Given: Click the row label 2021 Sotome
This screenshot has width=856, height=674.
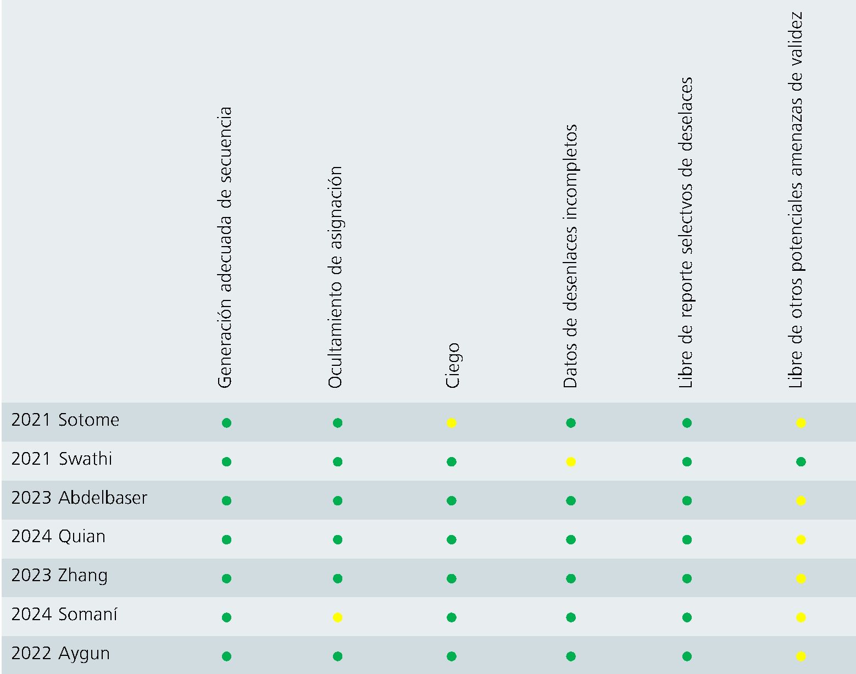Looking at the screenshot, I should pos(65,420).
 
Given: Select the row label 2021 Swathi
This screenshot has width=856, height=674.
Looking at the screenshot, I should pos(62,459).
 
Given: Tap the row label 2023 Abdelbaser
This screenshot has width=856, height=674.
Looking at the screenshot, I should pos(79,498).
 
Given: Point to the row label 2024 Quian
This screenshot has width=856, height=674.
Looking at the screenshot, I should pos(58,537).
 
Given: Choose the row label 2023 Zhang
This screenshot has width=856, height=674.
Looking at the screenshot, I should pos(59,576).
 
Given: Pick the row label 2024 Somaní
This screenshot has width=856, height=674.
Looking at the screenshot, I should pos(64,615).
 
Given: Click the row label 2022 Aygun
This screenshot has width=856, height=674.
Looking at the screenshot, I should pos(60,654).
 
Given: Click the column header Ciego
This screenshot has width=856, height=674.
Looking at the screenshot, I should pos(452,365).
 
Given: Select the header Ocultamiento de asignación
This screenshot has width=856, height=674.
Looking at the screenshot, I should pos(335,277).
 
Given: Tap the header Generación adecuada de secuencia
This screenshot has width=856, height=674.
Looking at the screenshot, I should pos(225,248).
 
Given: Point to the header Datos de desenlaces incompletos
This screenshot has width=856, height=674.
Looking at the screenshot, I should pos(570,257).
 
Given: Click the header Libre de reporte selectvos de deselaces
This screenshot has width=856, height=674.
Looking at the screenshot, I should pos(686,233).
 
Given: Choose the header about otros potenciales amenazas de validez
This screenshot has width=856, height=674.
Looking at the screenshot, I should pos(796,200).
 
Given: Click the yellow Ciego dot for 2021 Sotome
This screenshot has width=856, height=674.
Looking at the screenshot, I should pos(452,423).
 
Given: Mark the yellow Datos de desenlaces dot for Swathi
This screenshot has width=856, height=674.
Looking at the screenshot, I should pos(571,462).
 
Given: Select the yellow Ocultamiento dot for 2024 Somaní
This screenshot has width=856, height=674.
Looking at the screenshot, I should pos(338,617).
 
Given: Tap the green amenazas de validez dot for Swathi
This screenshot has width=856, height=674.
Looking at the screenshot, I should pos(801,462).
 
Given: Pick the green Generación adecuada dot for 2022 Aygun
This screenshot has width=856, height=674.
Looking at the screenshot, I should pos(226,656).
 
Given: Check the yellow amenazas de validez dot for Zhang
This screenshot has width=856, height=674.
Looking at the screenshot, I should pos(801,578).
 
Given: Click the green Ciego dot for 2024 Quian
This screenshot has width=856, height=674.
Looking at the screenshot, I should pos(452,540).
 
